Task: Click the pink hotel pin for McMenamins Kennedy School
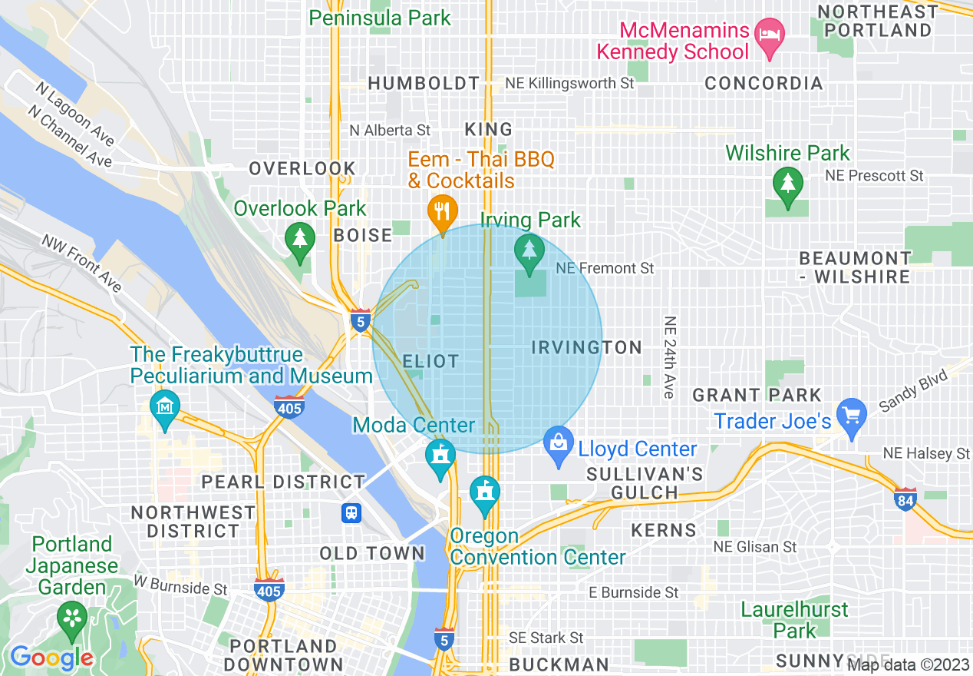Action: [768, 35]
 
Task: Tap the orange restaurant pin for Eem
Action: [442, 210]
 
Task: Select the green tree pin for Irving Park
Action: [529, 250]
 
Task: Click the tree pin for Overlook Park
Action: [299, 238]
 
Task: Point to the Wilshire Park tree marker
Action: [787, 184]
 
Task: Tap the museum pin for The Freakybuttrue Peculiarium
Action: [165, 405]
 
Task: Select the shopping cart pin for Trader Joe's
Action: [852, 416]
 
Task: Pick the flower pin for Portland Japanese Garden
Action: [73, 617]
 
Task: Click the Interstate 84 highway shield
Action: [905, 499]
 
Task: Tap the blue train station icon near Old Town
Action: [351, 512]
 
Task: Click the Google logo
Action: [51, 658]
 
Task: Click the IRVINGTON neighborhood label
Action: [587, 348]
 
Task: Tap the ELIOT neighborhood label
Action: [430, 361]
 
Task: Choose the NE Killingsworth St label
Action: [569, 83]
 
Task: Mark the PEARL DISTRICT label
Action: [283, 482]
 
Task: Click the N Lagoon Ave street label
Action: [74, 113]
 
